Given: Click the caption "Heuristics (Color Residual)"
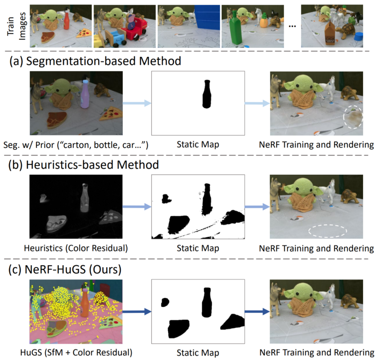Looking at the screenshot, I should pyautogui.click(x=76, y=248).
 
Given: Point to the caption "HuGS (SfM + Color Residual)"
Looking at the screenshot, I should pyautogui.click(x=76, y=352).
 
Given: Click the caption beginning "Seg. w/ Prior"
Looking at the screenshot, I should pyautogui.click(x=76, y=145).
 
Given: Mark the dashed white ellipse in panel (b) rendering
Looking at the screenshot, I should pyautogui.click(x=328, y=231).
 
